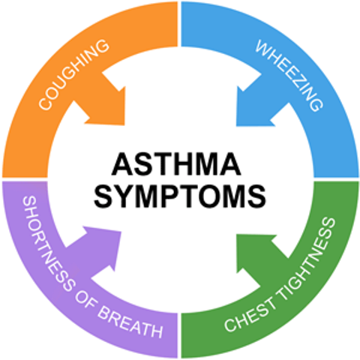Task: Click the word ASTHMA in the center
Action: (x=176, y=164)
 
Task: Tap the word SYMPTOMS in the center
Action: (x=180, y=196)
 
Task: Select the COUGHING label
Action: (x=74, y=74)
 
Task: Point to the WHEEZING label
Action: (x=289, y=75)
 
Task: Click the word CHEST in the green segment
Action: (x=250, y=315)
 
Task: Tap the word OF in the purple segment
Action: (x=86, y=301)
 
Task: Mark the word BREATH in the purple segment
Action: (x=130, y=322)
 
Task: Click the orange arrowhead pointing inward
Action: (x=105, y=105)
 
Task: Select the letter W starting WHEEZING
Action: (x=264, y=48)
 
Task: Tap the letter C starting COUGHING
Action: (x=46, y=103)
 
